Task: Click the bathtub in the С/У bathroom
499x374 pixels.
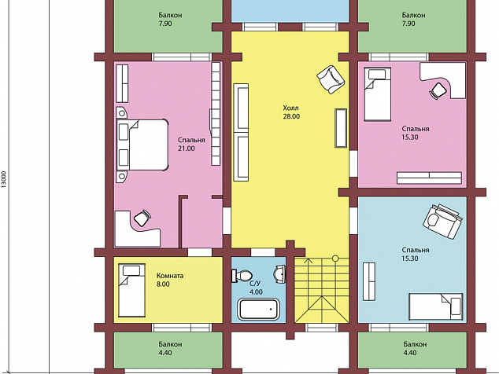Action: click(x=258, y=309)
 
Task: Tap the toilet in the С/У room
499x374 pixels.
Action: click(x=242, y=276)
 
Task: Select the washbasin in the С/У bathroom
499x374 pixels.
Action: click(x=280, y=274)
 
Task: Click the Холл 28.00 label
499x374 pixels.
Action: click(x=291, y=112)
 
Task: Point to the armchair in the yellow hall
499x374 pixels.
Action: click(x=331, y=79)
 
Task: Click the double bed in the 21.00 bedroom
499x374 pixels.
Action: click(x=142, y=145)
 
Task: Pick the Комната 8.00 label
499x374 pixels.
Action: click(x=170, y=280)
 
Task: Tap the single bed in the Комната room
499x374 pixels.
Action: click(x=131, y=290)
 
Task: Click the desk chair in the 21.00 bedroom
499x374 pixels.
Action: click(x=142, y=218)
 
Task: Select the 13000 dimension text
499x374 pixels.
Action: click(x=4, y=180)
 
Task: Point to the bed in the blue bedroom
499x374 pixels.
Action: click(x=436, y=307)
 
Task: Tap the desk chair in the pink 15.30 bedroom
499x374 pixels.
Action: click(x=438, y=91)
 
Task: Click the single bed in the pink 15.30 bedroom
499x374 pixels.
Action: click(x=378, y=94)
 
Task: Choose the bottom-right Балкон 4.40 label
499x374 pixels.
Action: click(x=415, y=348)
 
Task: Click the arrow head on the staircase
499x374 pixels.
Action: click(x=308, y=261)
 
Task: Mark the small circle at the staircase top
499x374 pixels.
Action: click(x=335, y=258)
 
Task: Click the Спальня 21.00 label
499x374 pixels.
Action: click(x=191, y=144)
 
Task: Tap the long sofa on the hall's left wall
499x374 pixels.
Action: click(x=241, y=133)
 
